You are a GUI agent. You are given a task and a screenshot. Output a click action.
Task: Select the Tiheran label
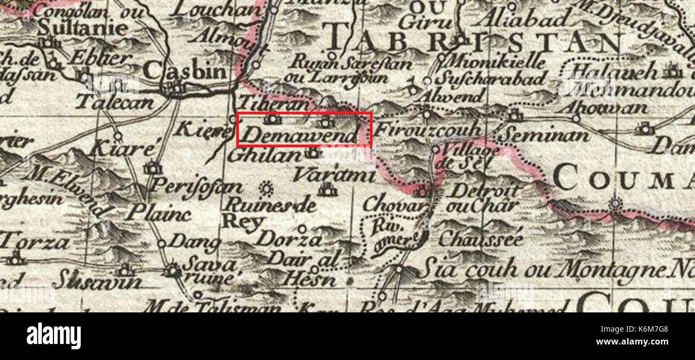(273, 103)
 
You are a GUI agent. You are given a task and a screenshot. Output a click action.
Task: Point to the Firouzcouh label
(428, 130)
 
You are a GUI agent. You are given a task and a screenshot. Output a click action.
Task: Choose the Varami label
(335, 175)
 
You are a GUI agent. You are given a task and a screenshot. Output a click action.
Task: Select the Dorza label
(289, 239)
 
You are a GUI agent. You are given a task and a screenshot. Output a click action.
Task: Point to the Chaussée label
(481, 240)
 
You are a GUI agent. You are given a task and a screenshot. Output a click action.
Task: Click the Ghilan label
(265, 155)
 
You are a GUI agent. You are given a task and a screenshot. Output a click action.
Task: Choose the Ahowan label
(601, 108)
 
